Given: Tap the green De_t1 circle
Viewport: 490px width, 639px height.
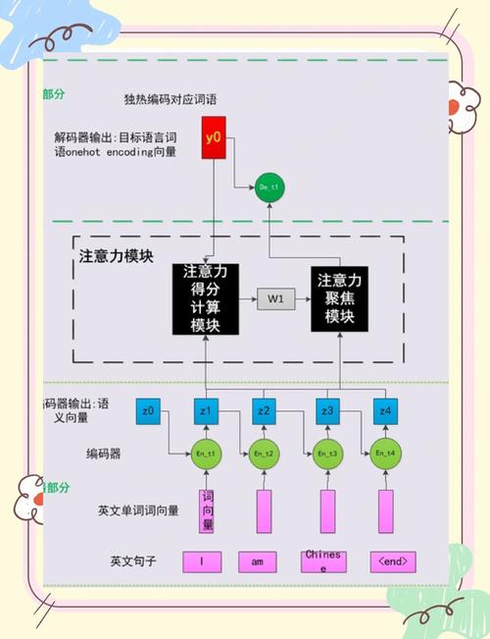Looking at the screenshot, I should (269, 186).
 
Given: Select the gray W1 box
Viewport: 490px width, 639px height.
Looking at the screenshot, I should (276, 299).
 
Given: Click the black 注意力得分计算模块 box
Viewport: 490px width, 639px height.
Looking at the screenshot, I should (206, 298).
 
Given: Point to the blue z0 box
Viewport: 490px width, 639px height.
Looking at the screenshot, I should (148, 411).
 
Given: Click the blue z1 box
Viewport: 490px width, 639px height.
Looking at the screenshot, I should (206, 411).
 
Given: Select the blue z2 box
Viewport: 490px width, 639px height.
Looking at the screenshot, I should (264, 411).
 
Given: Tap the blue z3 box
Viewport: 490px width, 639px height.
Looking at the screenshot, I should (326, 411).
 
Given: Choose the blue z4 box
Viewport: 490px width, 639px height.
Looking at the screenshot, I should (385, 411).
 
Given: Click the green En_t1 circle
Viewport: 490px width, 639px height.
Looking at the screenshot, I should (206, 454).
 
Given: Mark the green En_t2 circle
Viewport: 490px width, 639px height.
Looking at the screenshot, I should (264, 454).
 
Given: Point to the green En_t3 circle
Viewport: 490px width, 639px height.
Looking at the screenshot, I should (326, 454).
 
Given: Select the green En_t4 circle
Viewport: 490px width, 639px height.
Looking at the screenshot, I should (385, 454).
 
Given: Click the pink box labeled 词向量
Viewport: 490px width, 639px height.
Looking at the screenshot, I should (206, 510).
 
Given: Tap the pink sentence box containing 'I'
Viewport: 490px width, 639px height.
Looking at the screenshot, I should (201, 561).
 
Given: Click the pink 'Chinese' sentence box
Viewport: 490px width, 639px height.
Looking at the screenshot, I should (323, 561).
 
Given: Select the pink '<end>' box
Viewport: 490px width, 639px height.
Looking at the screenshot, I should (393, 561).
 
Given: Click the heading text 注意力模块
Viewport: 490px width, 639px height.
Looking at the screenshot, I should (116, 257).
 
